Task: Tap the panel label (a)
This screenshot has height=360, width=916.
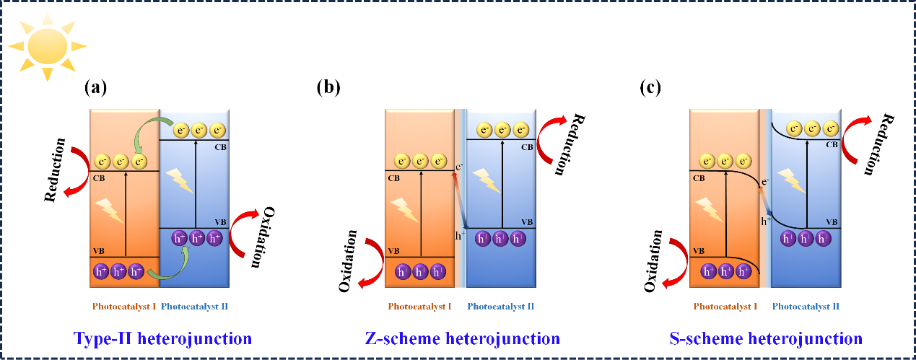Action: [x=95, y=88]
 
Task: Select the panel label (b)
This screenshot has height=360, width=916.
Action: [x=328, y=88]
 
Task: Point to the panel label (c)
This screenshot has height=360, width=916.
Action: [x=651, y=88]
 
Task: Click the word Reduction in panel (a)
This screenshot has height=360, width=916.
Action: [x=56, y=170]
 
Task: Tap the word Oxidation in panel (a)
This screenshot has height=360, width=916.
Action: [x=261, y=237]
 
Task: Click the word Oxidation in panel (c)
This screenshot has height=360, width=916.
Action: [x=652, y=262]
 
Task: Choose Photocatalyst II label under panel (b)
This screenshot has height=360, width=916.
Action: [x=501, y=307]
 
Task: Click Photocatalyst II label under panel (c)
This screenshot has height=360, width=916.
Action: [x=806, y=307]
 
